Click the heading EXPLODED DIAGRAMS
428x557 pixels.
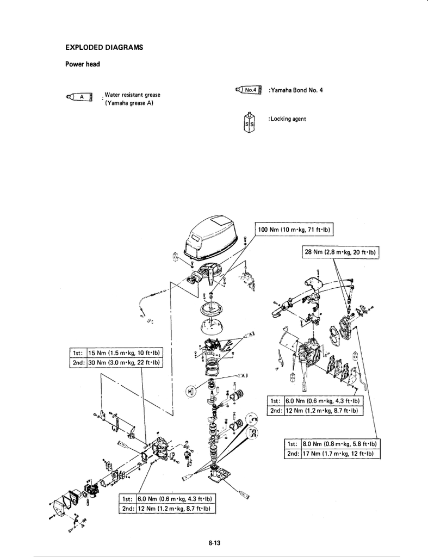(x=104, y=47)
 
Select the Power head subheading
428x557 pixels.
(x=83, y=64)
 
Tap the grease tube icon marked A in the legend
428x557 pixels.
(x=79, y=98)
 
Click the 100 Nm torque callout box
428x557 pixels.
(x=294, y=230)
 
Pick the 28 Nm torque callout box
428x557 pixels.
(x=340, y=252)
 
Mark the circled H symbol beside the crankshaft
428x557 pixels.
(x=190, y=391)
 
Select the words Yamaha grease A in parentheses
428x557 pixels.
(x=129, y=102)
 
